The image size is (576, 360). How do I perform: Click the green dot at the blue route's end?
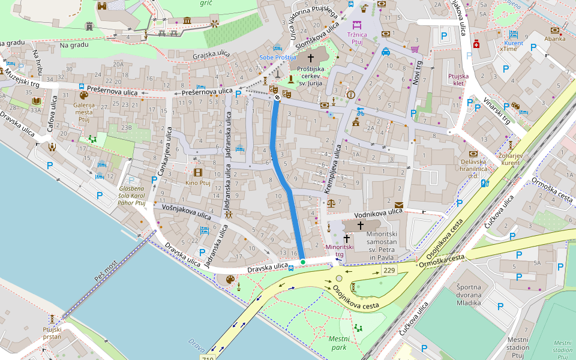point(303,262)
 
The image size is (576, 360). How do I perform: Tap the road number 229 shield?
point(388,271)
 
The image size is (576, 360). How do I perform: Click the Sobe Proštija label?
point(278,57)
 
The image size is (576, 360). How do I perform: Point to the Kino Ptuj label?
point(198,183)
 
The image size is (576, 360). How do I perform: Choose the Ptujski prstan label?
point(52,333)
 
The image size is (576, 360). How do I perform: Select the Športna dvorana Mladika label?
point(469,295)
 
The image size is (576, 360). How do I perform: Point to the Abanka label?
point(555,39)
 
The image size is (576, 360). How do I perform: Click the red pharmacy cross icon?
point(476,44)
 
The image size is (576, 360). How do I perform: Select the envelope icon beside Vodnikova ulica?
point(399,205)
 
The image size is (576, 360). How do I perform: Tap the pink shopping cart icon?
point(415,49)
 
